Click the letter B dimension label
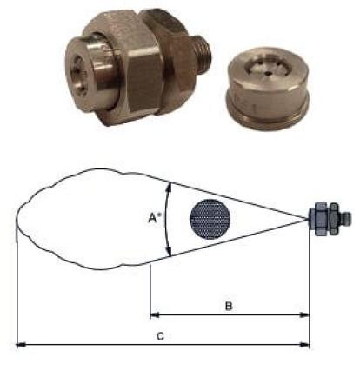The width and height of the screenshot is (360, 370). (x=229, y=306)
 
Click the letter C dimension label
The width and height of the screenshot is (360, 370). (x=160, y=336)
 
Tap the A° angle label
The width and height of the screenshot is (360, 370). (x=155, y=218)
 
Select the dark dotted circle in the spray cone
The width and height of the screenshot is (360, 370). (x=210, y=219)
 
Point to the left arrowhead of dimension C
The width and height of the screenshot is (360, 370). (x=21, y=345)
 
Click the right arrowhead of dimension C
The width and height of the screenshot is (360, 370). (x=304, y=345)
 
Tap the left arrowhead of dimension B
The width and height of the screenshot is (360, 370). (x=155, y=315)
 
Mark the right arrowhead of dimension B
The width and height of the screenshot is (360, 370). (x=304, y=315)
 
